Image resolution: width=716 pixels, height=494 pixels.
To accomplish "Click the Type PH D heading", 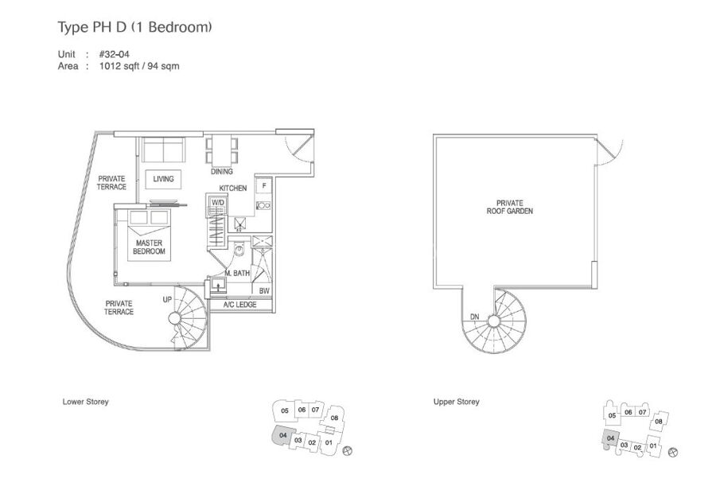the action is pos(134,27).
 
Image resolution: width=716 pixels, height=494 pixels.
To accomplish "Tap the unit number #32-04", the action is pos(114,54).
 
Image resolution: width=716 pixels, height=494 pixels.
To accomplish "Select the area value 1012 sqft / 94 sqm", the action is pos(139,66).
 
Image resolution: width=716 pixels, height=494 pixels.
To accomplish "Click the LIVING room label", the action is pos(163,179).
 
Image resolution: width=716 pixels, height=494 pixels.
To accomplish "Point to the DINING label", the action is pos(222,172).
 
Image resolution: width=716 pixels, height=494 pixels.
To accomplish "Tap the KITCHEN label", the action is pos(233,188).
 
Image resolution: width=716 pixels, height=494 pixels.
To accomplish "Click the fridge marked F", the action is pos(264,185).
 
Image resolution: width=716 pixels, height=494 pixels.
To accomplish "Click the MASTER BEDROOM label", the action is pos(149,247).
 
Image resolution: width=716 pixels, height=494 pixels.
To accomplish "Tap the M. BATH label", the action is pos(237,273).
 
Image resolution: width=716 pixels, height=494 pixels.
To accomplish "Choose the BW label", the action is pos(264,291).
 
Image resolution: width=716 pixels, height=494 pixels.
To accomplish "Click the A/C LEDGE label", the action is pos(239,305).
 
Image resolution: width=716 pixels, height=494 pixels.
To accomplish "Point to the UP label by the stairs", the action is pos(167,300).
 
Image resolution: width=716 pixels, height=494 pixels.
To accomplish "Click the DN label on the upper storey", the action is pos(474,317).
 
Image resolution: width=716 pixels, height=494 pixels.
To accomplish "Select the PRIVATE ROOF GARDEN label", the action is pos(510,207).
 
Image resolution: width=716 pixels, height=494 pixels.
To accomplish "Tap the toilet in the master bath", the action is pos(239,249).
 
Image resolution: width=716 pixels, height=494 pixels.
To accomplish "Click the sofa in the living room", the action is pos(163,149).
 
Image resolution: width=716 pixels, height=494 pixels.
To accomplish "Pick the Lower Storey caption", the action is pos(85,402).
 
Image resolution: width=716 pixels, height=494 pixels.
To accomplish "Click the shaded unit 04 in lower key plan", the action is pos(282,436).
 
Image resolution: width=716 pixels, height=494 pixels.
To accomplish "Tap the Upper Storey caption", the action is pos(456,402).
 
